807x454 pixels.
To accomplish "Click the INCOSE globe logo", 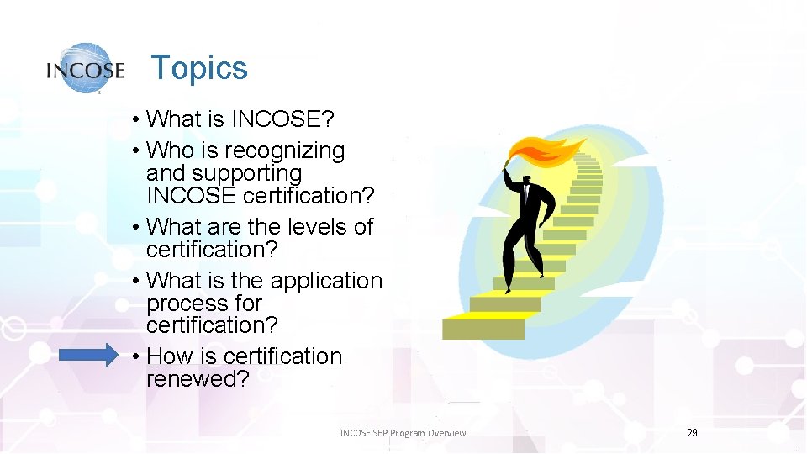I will (85, 68).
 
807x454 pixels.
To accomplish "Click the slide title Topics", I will (199, 68).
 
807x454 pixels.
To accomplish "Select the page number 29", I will (692, 432).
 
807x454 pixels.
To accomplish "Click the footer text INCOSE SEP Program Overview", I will (403, 433).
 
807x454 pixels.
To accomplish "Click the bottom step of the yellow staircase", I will (483, 327).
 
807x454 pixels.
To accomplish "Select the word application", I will (323, 281).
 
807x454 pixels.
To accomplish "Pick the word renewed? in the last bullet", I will (198, 379).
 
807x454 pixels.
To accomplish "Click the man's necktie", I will (525, 197).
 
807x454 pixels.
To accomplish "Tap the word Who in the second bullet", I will (168, 150).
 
